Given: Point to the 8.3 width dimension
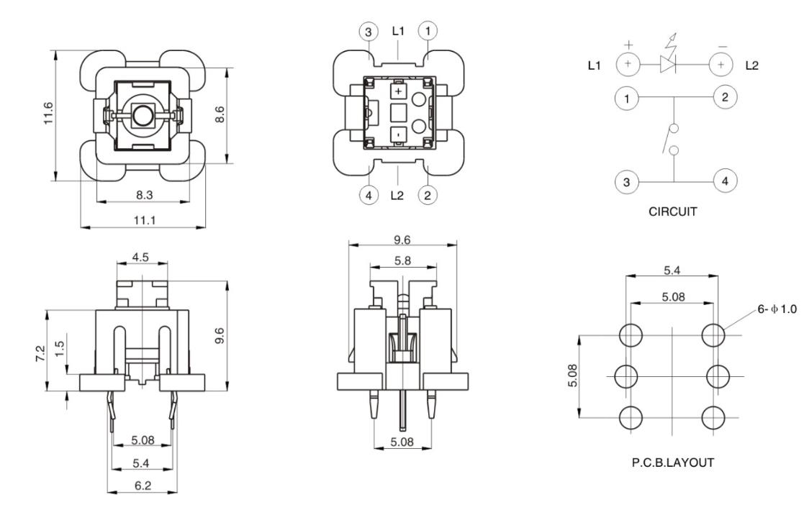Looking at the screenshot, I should pos(144,195).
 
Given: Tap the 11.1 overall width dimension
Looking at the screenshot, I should pos(144,220).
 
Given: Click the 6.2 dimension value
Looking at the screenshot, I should pos(142,486).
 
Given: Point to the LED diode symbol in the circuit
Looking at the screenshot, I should pos(669,65).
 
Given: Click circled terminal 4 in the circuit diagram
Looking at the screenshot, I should pos(724,181).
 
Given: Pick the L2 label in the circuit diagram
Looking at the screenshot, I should pos(752,65).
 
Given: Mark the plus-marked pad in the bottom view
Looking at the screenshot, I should pos(398,92).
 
